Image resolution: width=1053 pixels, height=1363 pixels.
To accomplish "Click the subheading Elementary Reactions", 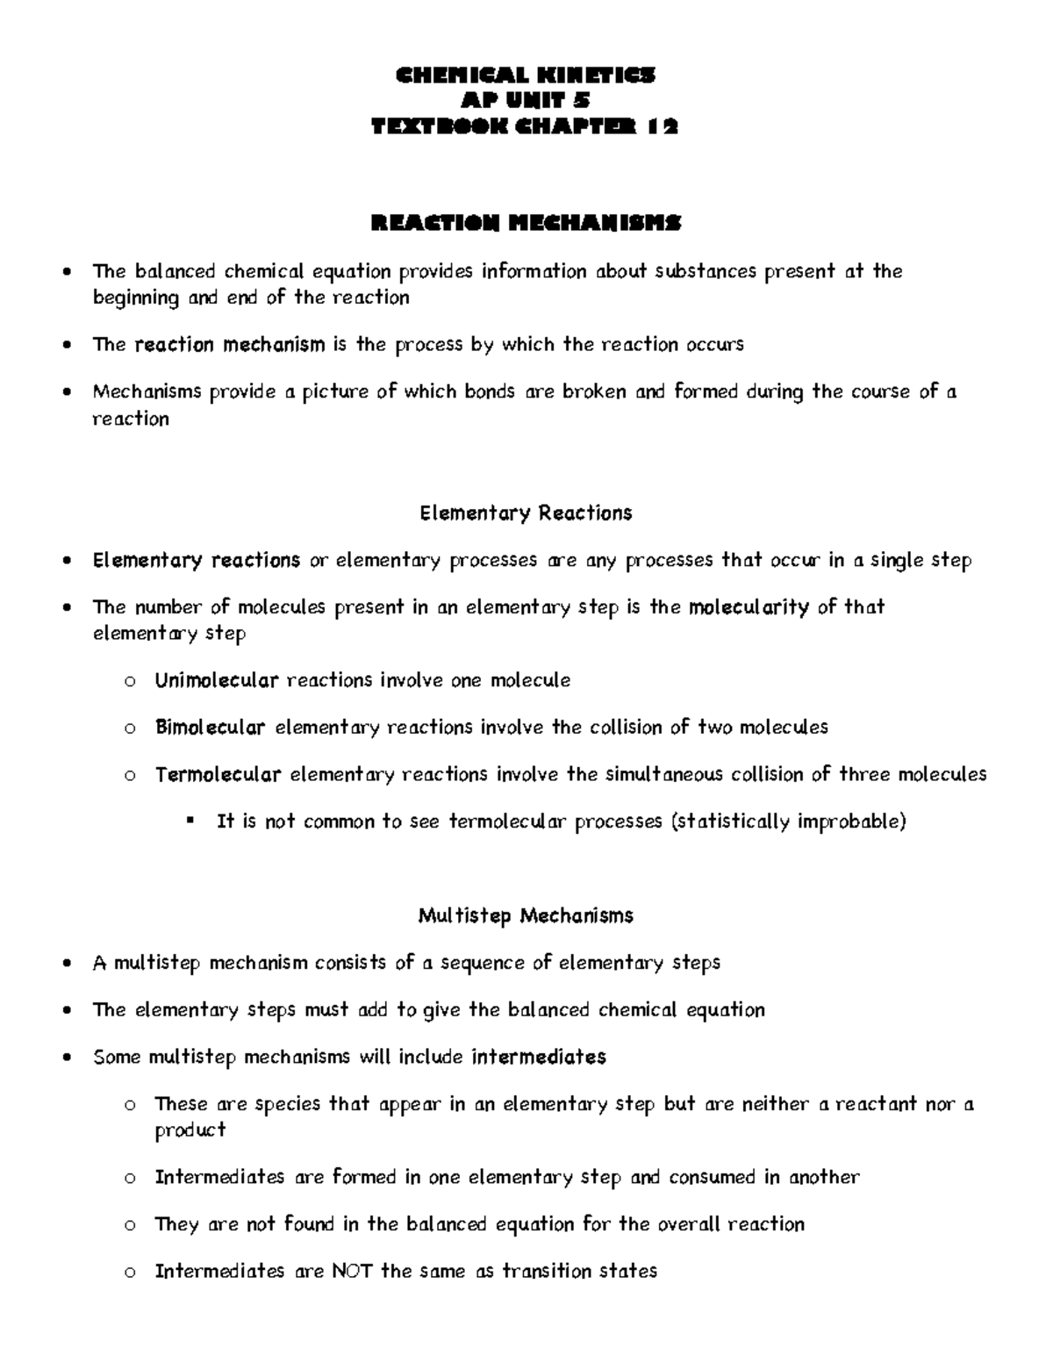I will point(526,513).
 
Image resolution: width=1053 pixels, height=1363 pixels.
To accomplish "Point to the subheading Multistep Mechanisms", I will point(526,916).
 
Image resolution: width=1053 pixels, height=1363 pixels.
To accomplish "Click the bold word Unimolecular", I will point(217,680).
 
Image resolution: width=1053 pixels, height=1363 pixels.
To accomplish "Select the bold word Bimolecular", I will point(210,728).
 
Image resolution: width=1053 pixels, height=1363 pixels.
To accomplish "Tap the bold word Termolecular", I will point(218,775).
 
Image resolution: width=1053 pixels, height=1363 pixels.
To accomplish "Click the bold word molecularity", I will point(749,607).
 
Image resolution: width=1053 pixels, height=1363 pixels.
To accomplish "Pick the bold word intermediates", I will point(539,1057).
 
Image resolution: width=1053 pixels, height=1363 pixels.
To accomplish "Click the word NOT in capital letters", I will point(352,1271).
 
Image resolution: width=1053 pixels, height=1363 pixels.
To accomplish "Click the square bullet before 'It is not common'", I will point(190,821).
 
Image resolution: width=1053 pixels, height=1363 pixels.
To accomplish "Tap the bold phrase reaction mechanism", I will point(230,345).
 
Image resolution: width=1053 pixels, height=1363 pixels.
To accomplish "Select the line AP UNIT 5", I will point(526,102).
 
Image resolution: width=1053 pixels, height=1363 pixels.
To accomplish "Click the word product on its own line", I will point(190,1130).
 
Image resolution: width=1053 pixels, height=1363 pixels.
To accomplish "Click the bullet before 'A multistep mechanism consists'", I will point(68,965).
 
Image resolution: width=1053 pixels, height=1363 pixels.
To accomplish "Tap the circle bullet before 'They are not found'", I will point(129,1225).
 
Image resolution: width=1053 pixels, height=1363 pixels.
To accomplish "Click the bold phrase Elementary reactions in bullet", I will point(197,561).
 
